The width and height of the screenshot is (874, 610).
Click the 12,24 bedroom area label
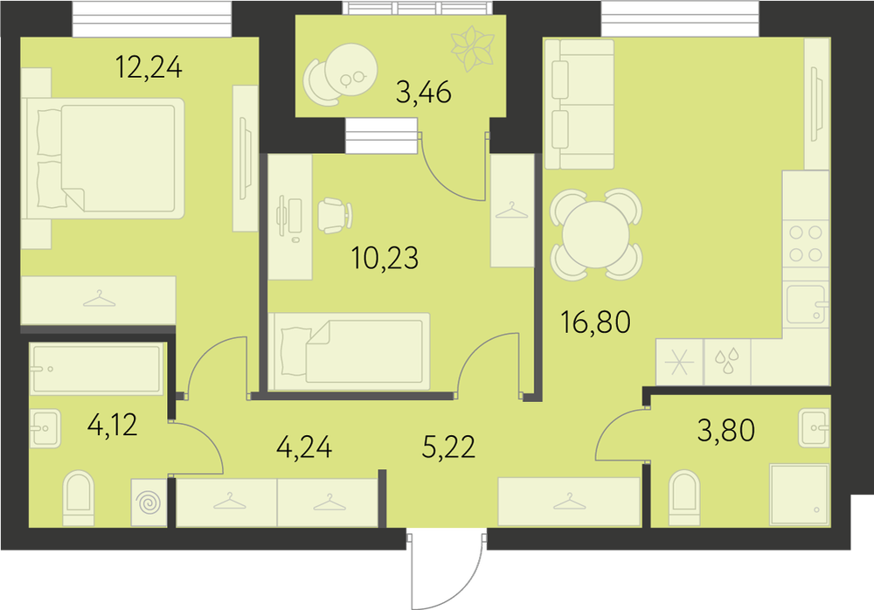coord(149,67)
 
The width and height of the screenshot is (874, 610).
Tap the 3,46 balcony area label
coord(424,92)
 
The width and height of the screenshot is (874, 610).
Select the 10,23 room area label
coord(385,258)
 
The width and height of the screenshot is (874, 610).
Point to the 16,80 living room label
coord(596,322)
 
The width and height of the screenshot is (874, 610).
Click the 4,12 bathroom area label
coord(113,425)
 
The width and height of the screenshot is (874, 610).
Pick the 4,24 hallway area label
coord(304,447)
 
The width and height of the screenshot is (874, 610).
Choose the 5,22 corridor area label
coord(448,447)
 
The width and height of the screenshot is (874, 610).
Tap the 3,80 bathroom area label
coord(726,431)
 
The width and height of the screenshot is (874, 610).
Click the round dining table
coord(596,235)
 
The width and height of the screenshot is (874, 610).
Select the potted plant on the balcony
coord(473,48)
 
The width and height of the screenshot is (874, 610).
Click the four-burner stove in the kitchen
coord(806,244)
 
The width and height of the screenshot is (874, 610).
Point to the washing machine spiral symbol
coord(149,503)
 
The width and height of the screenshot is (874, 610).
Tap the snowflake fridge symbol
coord(679,363)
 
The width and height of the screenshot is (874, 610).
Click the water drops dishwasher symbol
coord(727,361)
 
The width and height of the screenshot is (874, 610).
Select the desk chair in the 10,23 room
coord(335,216)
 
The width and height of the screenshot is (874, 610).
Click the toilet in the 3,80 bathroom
coord(683,497)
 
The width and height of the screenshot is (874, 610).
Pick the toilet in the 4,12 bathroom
coord(79,497)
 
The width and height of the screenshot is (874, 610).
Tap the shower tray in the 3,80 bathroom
coord(800,494)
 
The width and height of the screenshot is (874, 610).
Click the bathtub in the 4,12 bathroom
coord(97,369)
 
